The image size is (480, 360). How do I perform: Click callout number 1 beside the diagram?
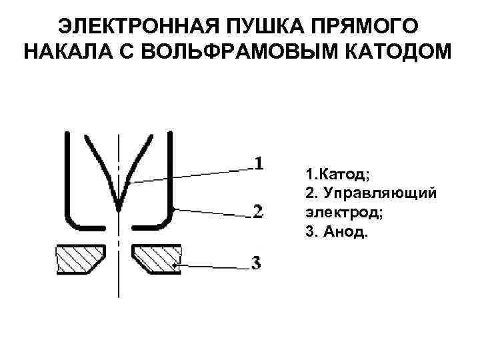coord(259,163)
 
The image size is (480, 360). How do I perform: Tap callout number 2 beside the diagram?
coord(259,212)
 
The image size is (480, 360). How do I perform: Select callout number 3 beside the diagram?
coord(257,263)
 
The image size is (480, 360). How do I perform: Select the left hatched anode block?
coord(80,259)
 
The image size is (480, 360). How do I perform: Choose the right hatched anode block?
coord(157,259)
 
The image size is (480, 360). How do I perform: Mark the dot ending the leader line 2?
coord(173,209)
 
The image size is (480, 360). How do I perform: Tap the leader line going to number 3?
coord(213,267)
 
